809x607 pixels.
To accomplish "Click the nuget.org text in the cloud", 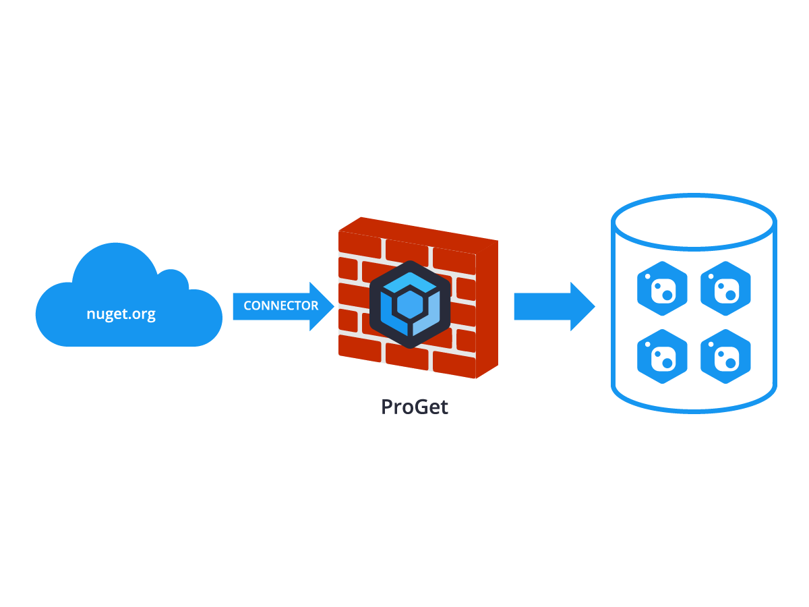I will pos(121,314).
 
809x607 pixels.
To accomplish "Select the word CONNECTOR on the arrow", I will pos(280,306).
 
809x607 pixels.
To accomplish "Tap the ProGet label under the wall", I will pos(414,407).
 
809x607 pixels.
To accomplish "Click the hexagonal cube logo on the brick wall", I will pos(409,304).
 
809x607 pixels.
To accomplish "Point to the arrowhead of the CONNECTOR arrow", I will pos(323,306).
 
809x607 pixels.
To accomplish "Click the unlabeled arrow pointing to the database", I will pos(553,307).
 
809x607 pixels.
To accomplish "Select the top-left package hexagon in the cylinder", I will pos(662,289).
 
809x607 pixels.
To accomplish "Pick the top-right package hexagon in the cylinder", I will pos(725,289).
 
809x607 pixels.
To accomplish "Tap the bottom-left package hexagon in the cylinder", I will pos(662,357).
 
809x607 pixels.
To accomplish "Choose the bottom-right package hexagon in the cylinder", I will pos(725,357).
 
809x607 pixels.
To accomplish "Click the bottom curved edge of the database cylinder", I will pos(694,407).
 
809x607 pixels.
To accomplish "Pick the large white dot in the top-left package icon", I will pos(667,295).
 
